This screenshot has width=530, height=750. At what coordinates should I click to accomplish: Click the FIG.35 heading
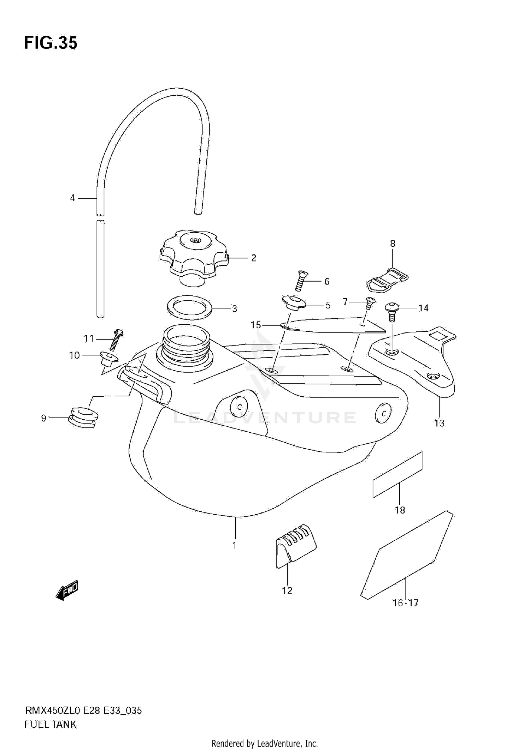point(51,43)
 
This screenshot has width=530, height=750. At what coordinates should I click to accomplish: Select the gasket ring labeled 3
point(189,307)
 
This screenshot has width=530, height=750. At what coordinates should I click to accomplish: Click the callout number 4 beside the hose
point(72,198)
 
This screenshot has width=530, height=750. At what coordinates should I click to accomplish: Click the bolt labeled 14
point(392,312)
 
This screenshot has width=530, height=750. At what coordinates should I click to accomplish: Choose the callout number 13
point(439,423)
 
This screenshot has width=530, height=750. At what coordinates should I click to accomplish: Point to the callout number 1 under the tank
point(234,546)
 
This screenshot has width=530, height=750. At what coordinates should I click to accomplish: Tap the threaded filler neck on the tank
point(185,342)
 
